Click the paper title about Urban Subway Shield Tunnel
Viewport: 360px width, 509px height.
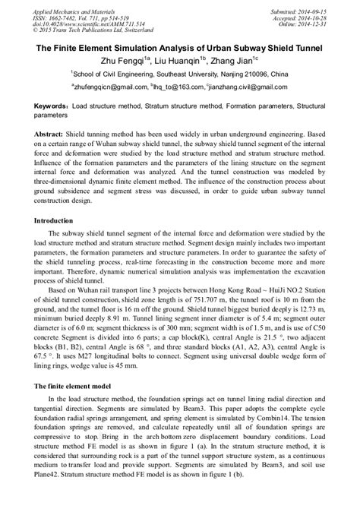(179, 47)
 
